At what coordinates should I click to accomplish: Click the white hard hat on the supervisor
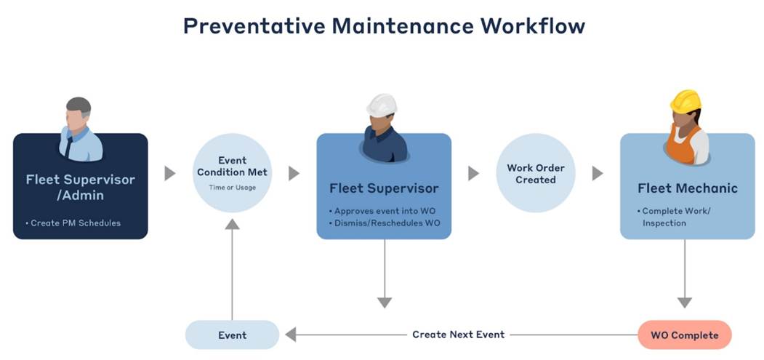click(382, 105)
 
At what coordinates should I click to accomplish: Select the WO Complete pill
click(684, 335)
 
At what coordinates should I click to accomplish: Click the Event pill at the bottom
click(233, 335)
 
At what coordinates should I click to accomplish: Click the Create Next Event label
click(458, 335)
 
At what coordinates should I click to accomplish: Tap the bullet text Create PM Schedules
click(76, 223)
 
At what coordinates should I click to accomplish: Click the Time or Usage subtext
click(233, 188)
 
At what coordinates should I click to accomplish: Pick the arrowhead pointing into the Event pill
click(290, 335)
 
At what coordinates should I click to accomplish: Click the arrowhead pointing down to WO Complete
click(684, 303)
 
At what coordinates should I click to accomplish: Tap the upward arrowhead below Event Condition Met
click(232, 224)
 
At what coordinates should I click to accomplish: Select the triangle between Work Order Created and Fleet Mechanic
click(598, 174)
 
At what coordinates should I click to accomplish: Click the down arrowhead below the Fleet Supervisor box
click(385, 303)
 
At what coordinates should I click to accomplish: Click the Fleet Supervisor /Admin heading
click(80, 187)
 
